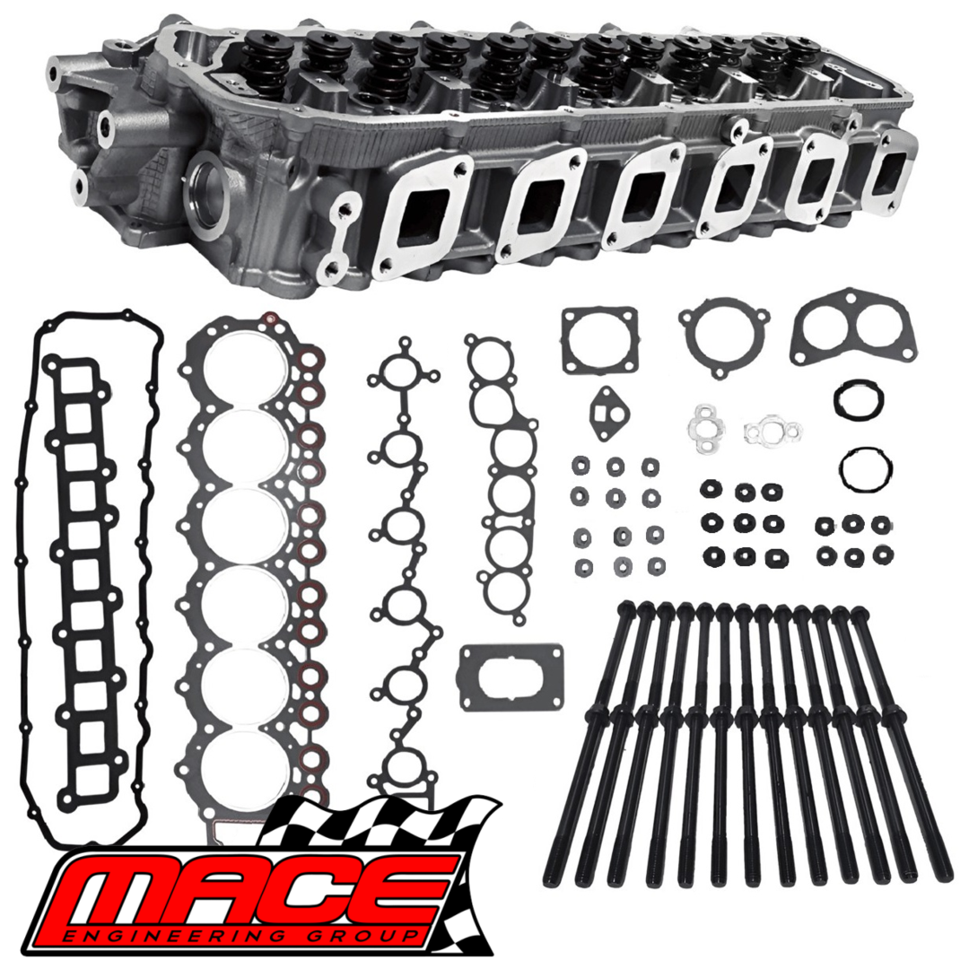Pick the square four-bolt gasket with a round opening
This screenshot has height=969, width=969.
pyautogui.click(x=600, y=341)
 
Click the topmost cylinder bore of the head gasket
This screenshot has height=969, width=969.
pyautogui.click(x=235, y=370)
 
